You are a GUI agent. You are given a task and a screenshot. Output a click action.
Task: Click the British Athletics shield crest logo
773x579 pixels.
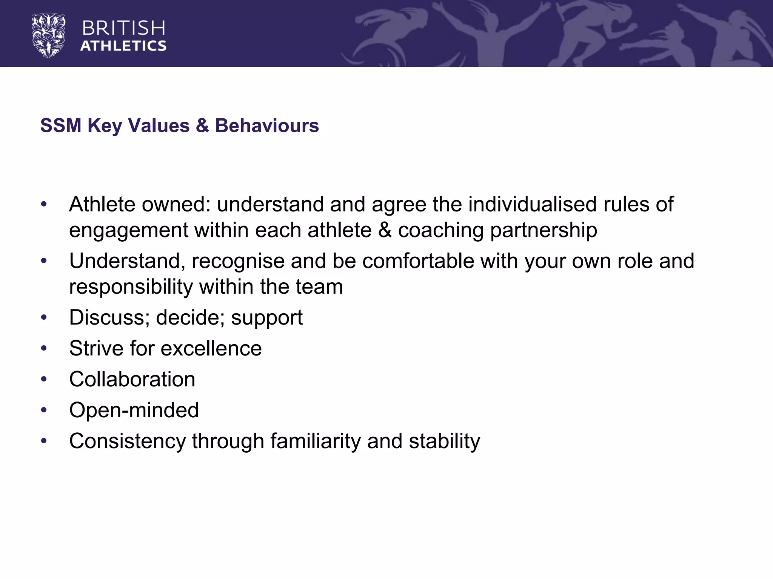click(49, 35)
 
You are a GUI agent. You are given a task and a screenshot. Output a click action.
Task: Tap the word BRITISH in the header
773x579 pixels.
click(123, 28)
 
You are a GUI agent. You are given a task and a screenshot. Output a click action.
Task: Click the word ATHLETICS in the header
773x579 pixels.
click(123, 46)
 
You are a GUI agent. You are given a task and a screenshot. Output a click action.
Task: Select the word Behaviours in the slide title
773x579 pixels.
click(267, 126)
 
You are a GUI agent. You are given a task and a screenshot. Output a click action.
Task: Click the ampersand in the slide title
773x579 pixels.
click(202, 126)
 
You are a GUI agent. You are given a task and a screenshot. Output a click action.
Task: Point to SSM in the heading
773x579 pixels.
click(61, 126)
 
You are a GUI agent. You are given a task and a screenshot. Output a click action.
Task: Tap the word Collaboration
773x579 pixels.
click(132, 379)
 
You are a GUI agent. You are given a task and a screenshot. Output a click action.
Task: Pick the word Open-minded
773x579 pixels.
click(134, 410)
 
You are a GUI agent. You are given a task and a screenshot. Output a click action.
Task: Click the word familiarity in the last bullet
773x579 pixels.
click(315, 441)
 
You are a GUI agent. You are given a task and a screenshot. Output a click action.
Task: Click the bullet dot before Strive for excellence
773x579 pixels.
click(44, 348)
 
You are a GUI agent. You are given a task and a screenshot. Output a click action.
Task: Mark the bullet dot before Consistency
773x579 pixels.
click(44, 441)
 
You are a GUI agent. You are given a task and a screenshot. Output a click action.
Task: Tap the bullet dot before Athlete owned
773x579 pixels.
click(44, 204)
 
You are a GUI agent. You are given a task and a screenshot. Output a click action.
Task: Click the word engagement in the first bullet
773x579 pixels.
click(128, 230)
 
